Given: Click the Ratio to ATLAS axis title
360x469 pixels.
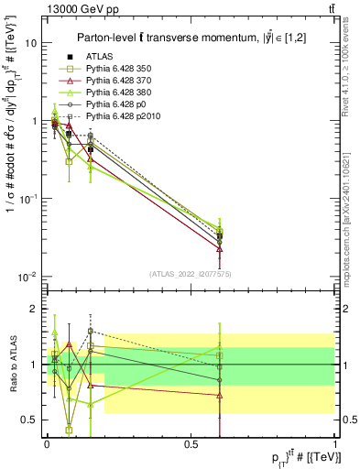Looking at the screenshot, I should (12, 365).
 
